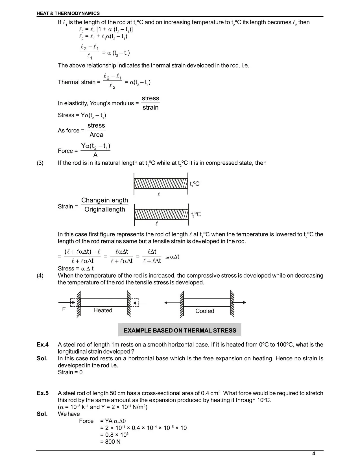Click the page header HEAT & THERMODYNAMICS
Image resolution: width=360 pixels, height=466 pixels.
(x=68, y=13)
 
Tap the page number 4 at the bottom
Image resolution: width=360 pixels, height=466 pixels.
(x=314, y=454)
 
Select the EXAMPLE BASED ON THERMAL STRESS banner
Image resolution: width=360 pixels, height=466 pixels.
(x=180, y=330)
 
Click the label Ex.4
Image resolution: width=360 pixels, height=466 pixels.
(x=43, y=345)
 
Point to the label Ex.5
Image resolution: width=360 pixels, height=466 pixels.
(x=43, y=393)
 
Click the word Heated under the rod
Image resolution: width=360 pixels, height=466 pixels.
(x=103, y=310)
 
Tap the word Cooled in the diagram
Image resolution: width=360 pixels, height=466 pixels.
(x=205, y=311)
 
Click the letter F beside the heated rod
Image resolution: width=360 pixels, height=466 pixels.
(x=64, y=309)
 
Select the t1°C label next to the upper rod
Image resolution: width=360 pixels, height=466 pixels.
(x=195, y=184)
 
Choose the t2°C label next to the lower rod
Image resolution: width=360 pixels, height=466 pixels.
(x=196, y=214)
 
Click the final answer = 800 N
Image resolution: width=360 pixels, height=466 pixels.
(x=110, y=441)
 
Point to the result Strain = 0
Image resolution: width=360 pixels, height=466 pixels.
(x=70, y=372)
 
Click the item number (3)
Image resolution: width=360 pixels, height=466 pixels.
(x=40, y=163)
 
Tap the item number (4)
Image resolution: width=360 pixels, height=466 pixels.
(x=40, y=276)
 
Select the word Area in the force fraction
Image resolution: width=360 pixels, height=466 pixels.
(x=96, y=135)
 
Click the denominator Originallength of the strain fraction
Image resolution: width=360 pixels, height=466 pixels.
(x=105, y=210)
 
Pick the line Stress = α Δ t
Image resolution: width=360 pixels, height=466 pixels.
(x=76, y=268)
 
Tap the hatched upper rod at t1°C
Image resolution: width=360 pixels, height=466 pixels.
(x=161, y=184)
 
